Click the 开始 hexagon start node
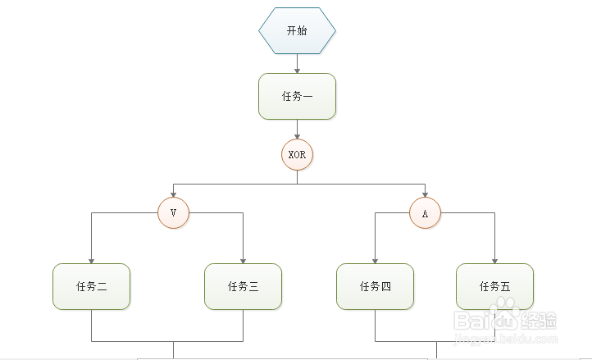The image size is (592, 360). click(297, 30)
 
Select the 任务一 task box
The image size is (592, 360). click(297, 96)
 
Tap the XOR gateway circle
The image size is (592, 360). click(297, 154)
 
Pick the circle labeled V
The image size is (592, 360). click(173, 213)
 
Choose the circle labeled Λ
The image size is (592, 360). click(425, 213)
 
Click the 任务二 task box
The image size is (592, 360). click(91, 286)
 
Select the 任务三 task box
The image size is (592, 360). click(243, 286)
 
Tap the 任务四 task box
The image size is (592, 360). click(375, 286)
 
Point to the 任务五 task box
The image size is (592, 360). click(494, 286)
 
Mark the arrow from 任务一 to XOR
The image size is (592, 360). click(297, 129)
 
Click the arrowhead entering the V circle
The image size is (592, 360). click(173, 194)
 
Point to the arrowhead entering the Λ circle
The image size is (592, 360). click(425, 194)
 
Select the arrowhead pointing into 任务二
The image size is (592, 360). click(91, 258)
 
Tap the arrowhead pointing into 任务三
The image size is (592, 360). click(243, 258)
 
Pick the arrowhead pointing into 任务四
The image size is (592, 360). click(375, 258)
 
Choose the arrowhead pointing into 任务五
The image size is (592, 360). click(494, 258)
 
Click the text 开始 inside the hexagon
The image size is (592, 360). click(297, 30)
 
